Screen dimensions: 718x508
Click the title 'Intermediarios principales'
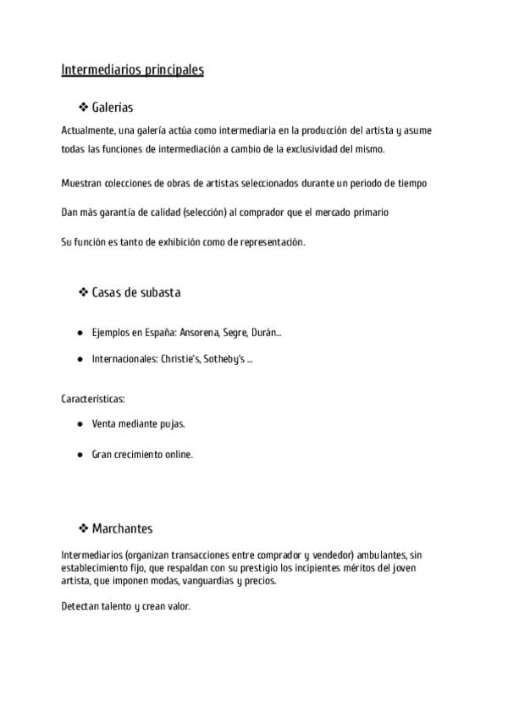[x=132, y=70]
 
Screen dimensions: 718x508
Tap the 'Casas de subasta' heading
[x=135, y=293]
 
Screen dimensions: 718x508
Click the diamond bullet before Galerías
[x=84, y=108]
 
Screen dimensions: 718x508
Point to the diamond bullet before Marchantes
[x=84, y=529]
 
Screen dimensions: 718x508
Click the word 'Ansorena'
[x=197, y=334]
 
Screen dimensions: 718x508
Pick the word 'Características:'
[x=93, y=398]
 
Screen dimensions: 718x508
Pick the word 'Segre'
[x=235, y=334]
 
